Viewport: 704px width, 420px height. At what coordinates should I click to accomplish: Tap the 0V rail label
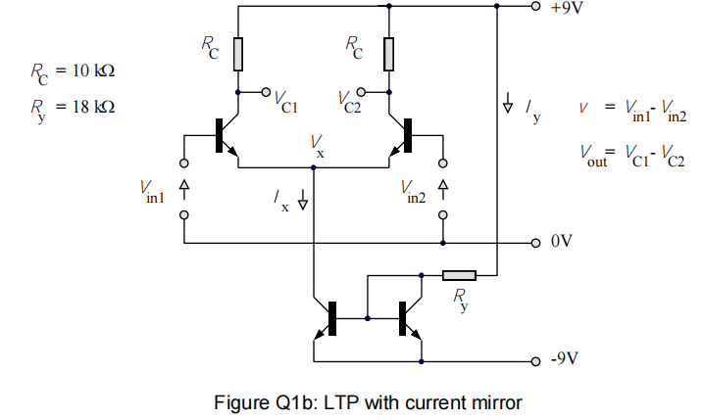coord(561,241)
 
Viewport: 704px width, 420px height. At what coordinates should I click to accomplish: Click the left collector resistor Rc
coord(238,55)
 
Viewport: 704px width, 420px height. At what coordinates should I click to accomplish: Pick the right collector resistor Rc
coord(389,55)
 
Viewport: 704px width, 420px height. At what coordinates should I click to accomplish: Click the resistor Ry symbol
coord(458,275)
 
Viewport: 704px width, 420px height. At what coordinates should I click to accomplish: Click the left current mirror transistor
coord(327,319)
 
